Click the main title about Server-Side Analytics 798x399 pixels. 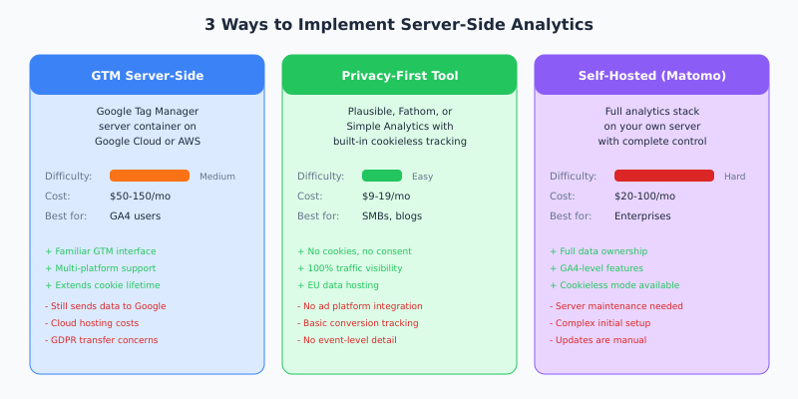click(399, 25)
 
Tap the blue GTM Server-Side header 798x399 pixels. click(147, 76)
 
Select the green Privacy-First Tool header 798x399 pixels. click(399, 76)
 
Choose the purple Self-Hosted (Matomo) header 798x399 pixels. click(651, 76)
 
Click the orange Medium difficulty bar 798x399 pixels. click(150, 176)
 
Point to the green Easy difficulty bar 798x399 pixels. click(382, 176)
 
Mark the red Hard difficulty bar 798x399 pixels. click(664, 176)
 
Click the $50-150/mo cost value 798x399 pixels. click(140, 196)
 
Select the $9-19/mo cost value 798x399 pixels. click(385, 196)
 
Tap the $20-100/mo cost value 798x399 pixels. click(644, 196)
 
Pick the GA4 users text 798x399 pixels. click(135, 215)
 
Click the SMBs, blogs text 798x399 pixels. click(391, 215)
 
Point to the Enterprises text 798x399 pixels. click(642, 215)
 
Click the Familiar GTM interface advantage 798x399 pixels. click(101, 251)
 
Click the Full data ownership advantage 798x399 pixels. click(598, 251)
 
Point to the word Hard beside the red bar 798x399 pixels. click(735, 177)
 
